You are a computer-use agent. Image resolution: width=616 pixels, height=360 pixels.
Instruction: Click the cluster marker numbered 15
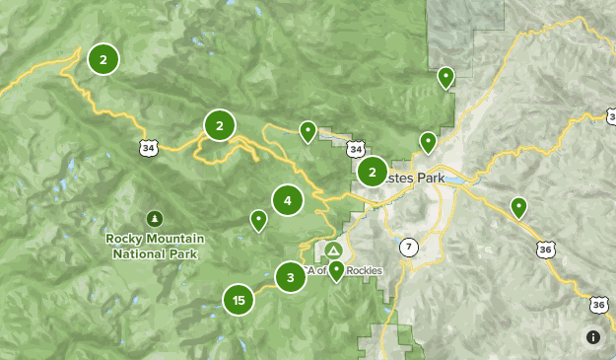tap(239, 299)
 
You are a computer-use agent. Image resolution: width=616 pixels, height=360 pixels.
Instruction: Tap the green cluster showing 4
tap(288, 200)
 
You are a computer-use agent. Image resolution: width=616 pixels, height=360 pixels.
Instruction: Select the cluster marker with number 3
tap(290, 277)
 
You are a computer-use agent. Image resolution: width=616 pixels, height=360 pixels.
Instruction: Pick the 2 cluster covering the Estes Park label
tap(372, 173)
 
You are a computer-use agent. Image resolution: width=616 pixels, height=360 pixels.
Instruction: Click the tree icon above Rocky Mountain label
tap(154, 217)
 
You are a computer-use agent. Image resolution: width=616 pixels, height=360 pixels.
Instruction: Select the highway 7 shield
tap(409, 246)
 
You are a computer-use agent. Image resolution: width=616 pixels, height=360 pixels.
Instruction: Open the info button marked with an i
tap(593, 337)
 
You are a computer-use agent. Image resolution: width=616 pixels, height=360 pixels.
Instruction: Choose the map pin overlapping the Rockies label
tap(337, 268)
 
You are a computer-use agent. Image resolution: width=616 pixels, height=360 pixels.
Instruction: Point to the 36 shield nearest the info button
tap(598, 305)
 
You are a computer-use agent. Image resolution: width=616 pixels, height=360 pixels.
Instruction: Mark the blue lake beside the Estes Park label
tap(460, 180)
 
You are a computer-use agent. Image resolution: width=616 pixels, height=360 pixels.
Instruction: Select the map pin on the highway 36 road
tap(518, 206)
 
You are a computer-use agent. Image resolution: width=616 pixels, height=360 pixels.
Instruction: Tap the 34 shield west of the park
tap(148, 148)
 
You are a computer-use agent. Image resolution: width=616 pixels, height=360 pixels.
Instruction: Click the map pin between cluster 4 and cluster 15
tap(258, 219)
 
